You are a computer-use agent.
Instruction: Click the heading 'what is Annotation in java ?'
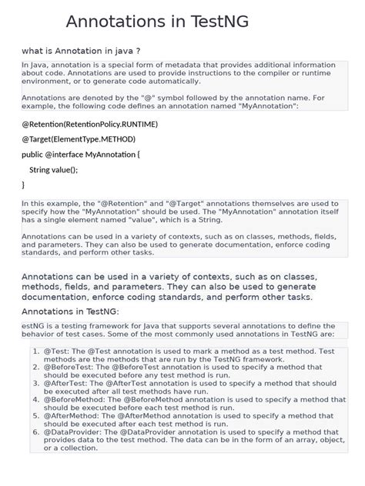tap(81, 52)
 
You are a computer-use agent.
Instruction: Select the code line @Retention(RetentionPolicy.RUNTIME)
tap(89, 123)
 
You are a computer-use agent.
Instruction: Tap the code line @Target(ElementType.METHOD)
tap(79, 138)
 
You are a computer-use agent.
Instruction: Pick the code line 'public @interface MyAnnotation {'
tap(81, 154)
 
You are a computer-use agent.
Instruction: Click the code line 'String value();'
tap(53, 169)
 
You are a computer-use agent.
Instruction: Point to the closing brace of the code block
tap(24, 185)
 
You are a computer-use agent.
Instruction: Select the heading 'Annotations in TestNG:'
tap(70, 311)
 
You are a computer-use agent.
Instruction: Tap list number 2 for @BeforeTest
tap(36, 368)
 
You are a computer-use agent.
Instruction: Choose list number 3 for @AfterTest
tap(36, 382)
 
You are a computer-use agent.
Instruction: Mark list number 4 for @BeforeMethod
tap(36, 400)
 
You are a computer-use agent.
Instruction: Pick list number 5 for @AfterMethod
tap(36, 415)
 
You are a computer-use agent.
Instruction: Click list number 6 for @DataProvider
tap(36, 432)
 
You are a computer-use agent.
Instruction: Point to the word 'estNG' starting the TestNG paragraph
tap(33, 326)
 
